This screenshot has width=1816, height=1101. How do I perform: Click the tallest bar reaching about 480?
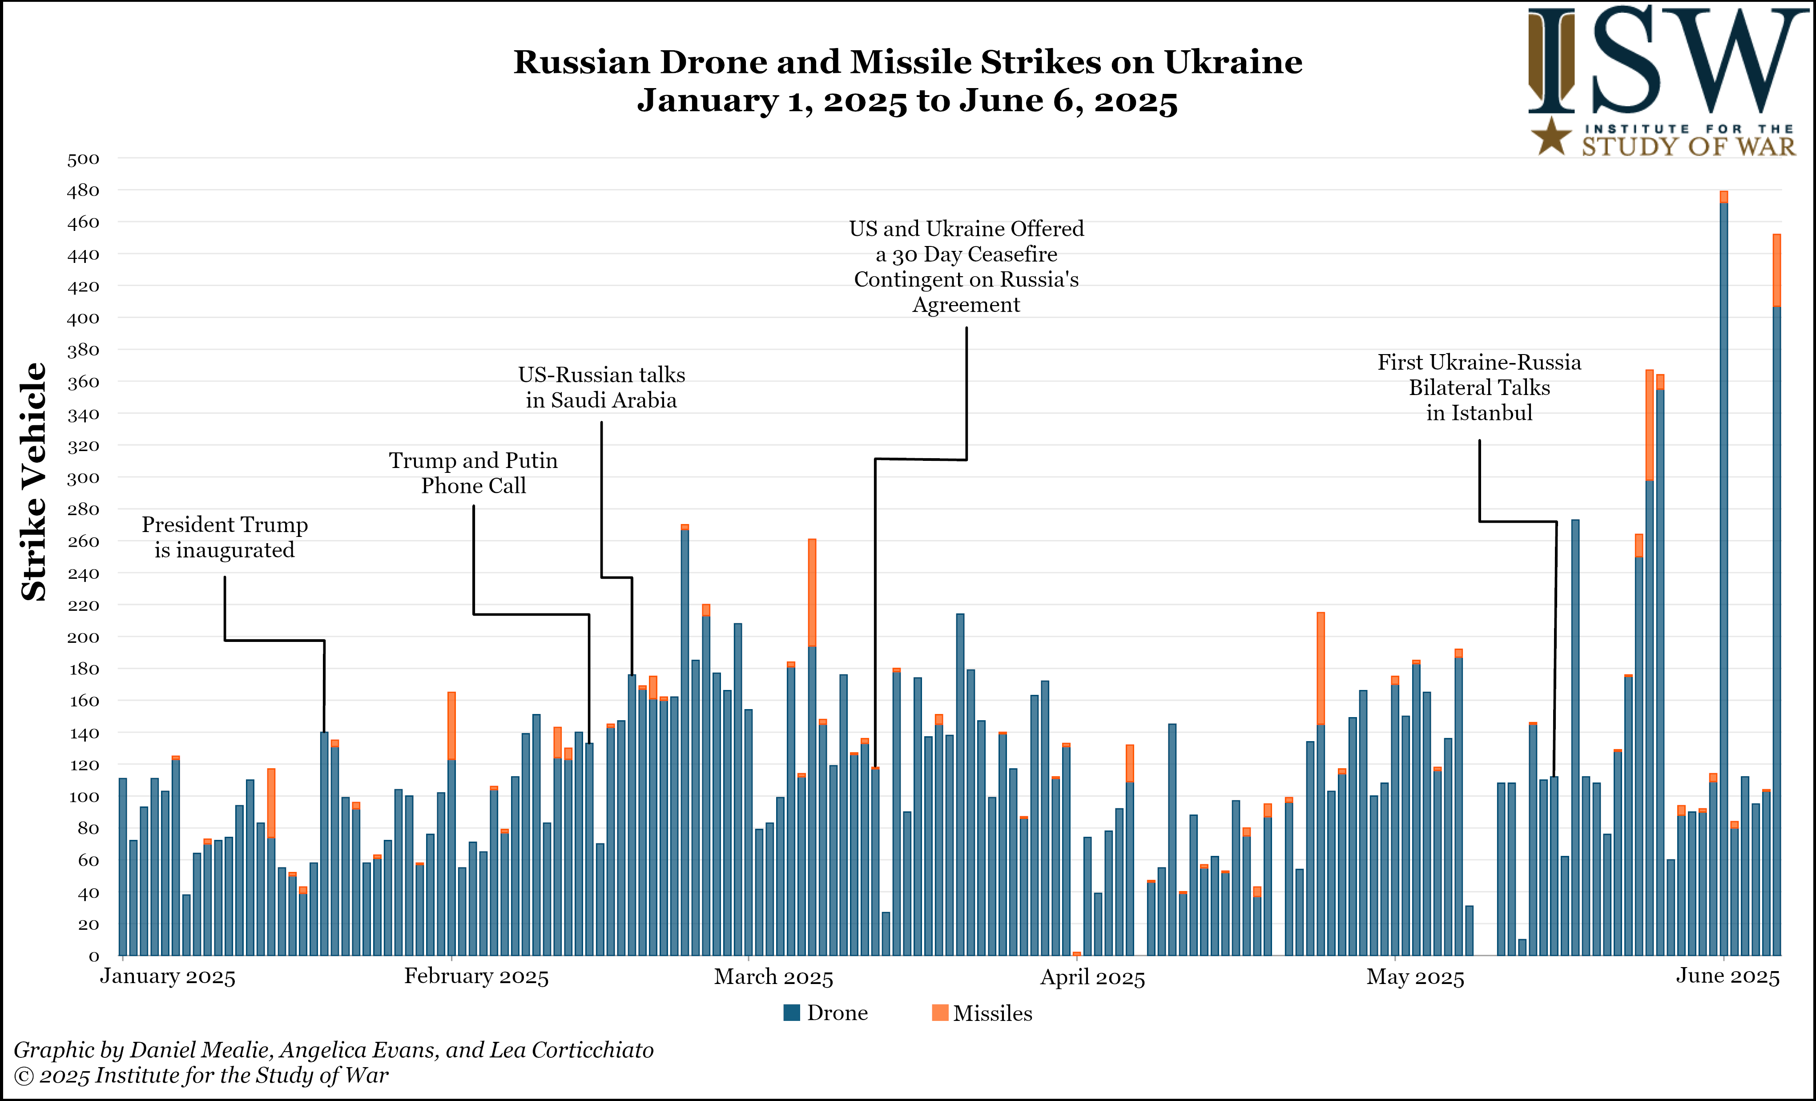(x=1723, y=575)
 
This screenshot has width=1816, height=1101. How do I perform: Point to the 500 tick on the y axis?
(x=83, y=159)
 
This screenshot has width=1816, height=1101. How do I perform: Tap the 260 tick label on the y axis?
(x=83, y=542)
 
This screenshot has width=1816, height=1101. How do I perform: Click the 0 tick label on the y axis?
(x=93, y=956)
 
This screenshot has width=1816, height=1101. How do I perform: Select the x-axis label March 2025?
(x=773, y=977)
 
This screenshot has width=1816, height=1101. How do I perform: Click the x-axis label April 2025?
(x=1092, y=978)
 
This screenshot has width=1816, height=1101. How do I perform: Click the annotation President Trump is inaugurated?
(x=225, y=537)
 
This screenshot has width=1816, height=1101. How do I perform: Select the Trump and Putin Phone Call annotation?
(x=473, y=473)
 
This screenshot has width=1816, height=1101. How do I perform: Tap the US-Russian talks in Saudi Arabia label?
(x=601, y=387)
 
